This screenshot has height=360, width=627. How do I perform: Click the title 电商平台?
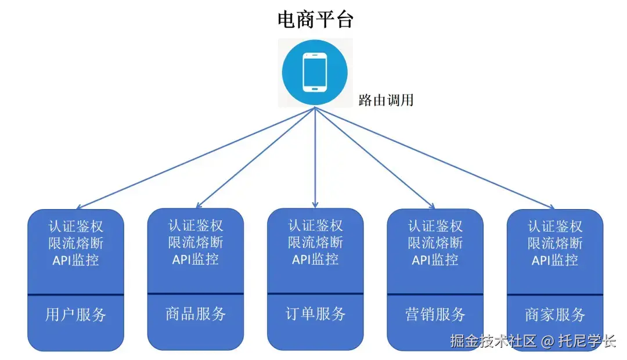click(x=315, y=20)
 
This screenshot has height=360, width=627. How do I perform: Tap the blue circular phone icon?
click(x=315, y=73)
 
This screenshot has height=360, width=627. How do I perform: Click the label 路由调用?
click(x=386, y=100)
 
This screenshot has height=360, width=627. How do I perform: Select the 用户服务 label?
click(x=76, y=315)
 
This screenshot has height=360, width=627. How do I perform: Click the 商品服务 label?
click(x=196, y=314)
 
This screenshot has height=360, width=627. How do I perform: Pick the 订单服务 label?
click(x=315, y=314)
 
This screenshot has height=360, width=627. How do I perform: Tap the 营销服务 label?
click(x=435, y=315)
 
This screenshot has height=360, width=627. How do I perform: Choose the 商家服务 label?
click(x=555, y=315)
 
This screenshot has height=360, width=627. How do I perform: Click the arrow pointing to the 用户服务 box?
click(x=195, y=158)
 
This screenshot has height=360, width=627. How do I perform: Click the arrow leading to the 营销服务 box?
click(x=375, y=158)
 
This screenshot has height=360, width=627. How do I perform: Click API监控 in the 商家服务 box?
click(x=555, y=260)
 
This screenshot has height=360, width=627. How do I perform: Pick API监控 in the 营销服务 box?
click(x=435, y=260)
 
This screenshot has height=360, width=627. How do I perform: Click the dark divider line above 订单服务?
click(x=315, y=294)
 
